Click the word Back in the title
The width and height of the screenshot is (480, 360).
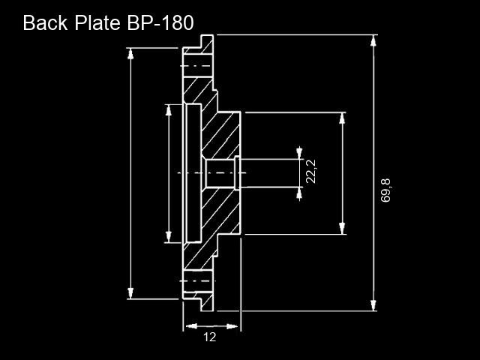[45, 22]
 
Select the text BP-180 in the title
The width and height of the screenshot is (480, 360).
[160, 22]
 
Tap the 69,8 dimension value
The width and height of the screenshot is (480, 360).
[385, 190]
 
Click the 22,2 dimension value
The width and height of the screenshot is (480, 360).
[311, 172]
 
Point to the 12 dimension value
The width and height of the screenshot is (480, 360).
[210, 337]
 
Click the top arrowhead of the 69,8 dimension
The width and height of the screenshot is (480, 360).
[373, 40]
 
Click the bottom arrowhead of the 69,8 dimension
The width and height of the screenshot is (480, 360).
[373, 305]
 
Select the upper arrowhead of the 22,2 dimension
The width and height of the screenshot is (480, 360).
[299, 153]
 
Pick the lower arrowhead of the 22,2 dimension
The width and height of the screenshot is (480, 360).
[299, 193]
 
